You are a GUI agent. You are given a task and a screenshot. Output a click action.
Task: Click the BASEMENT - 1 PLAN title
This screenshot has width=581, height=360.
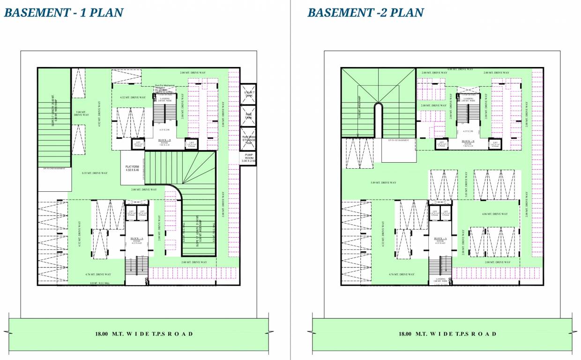[x=63, y=13]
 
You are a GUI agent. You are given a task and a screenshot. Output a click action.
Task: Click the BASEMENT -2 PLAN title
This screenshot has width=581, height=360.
[x=365, y=13]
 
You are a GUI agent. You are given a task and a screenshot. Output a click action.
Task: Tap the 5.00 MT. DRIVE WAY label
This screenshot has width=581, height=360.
[x=82, y=113]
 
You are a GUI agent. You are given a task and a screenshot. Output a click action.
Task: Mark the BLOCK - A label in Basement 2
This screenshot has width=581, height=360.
[x=440, y=238]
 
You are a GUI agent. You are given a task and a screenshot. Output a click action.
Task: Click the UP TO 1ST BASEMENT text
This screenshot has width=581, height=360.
[x=399, y=140]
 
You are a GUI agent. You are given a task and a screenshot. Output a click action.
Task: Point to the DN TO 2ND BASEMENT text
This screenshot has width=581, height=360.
[x=54, y=168]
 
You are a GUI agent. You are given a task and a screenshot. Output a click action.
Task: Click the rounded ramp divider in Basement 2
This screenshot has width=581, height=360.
[x=378, y=120]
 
